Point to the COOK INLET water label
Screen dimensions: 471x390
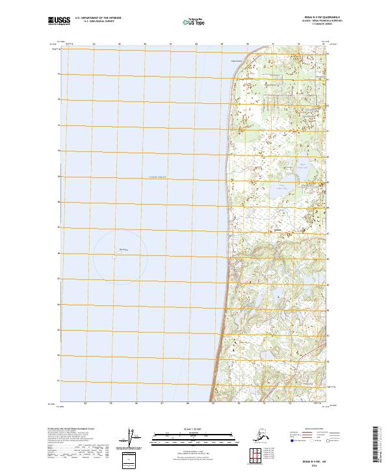point(157,176)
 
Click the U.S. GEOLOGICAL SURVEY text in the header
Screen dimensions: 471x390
point(97,23)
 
